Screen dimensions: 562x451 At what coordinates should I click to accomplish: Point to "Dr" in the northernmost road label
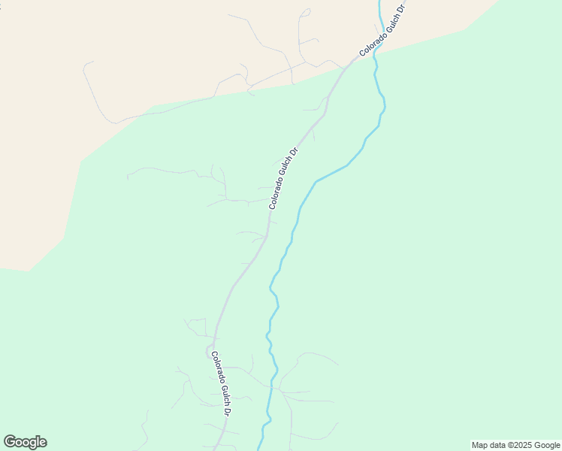click(x=401, y=8)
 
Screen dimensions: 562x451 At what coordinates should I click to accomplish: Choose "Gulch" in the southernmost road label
click(x=222, y=392)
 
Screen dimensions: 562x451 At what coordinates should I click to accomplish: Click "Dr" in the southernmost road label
click(x=226, y=410)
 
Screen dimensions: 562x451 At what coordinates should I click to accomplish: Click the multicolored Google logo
click(x=26, y=442)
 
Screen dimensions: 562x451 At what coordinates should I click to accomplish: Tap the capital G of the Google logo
click(x=11, y=441)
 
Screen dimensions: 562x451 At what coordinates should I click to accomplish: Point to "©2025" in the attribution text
click(x=520, y=445)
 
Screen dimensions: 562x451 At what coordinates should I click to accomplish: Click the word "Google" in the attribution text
click(x=548, y=445)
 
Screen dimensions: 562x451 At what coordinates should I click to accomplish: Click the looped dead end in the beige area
click(x=305, y=12)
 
